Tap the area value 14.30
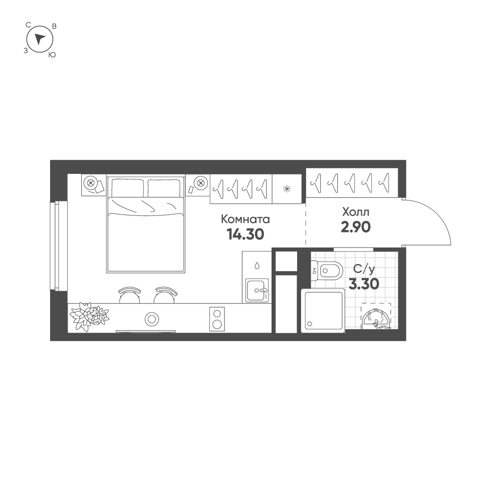(245, 234)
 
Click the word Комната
(245, 219)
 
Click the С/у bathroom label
(364, 269)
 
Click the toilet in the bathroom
(328, 272)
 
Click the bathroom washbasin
(375, 319)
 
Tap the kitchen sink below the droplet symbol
(257, 290)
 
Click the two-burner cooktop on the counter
(217, 318)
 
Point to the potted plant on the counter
(89, 316)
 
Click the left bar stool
(129, 295)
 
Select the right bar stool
(165, 295)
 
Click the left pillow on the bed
(127, 188)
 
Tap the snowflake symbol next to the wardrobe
(287, 189)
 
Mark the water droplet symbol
(257, 265)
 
